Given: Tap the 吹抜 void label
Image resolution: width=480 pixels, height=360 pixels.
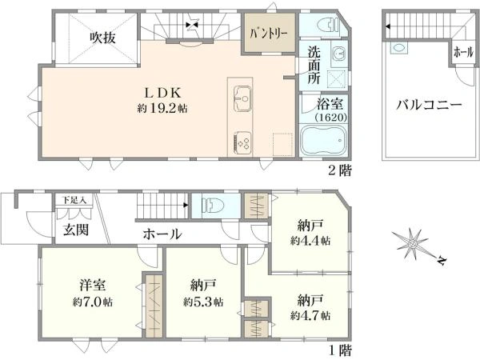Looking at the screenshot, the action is click(102, 38).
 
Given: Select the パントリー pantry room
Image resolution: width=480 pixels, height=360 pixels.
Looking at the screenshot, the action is click(269, 33).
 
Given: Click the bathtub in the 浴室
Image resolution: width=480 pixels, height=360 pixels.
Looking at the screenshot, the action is click(323, 139).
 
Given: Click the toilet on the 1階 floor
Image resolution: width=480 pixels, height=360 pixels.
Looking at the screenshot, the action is click(213, 205).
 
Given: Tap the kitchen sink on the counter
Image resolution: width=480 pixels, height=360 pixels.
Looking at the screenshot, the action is click(242, 98).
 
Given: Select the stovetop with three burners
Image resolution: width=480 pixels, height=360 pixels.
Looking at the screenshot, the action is click(242, 142).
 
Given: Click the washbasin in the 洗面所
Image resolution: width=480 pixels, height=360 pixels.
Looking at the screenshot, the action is click(339, 54).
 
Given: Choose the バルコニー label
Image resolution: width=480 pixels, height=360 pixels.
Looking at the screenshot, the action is click(429, 106).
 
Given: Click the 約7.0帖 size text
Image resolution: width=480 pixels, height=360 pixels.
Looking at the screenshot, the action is click(93, 302).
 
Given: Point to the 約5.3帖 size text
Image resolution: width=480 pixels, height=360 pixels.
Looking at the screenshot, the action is click(203, 302).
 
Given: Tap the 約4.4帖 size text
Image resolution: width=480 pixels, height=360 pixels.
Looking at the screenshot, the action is click(310, 241).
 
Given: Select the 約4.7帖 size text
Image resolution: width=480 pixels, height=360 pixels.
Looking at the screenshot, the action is click(310, 315).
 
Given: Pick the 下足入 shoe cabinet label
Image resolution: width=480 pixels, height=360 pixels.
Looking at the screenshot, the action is click(74, 200).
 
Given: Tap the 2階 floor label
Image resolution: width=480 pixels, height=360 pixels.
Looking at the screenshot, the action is click(340, 170).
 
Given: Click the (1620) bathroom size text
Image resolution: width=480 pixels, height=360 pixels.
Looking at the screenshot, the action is click(331, 118).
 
